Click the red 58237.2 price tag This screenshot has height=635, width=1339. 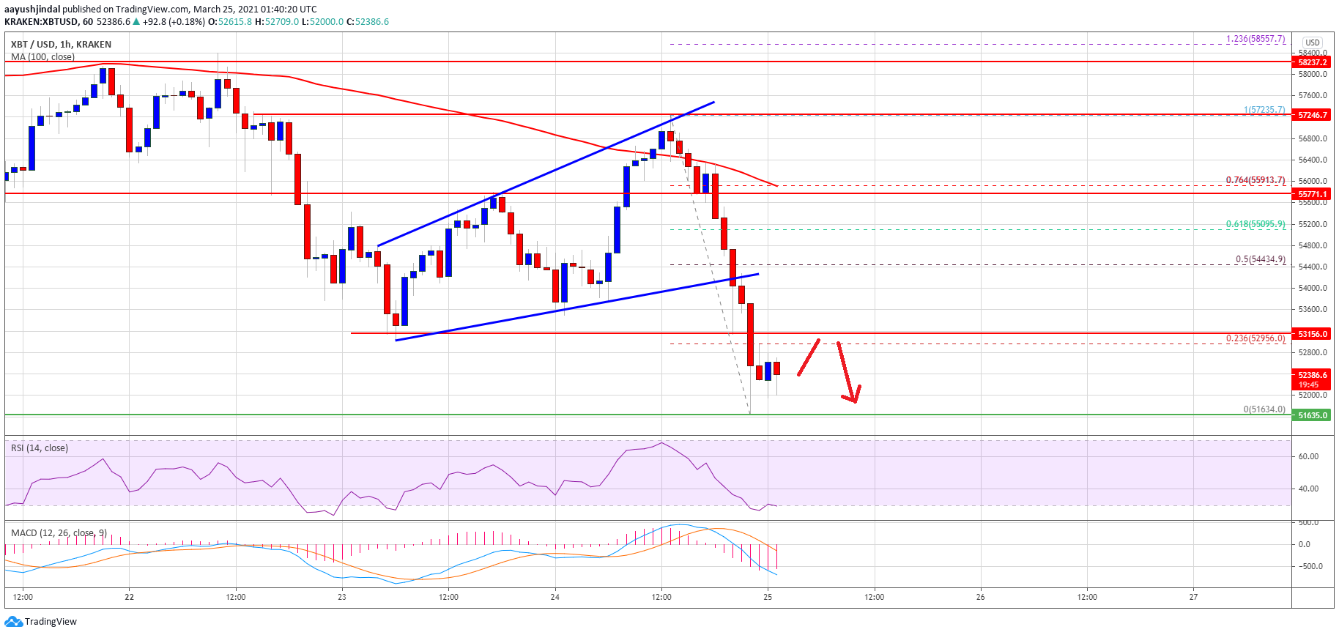click(1312, 62)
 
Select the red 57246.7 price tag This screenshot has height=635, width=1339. click(1312, 115)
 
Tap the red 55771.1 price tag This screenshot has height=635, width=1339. click(1312, 194)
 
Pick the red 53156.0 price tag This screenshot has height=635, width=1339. click(1312, 334)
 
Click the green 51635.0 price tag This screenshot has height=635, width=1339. click(1312, 415)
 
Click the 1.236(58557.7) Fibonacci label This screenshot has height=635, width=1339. click(1255, 40)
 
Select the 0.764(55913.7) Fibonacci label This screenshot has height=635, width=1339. click(1255, 180)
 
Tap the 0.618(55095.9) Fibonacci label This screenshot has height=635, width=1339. click(1255, 224)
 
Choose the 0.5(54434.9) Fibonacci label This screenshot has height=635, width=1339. click(1260, 259)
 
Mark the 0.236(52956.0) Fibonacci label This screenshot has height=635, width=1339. click(1255, 338)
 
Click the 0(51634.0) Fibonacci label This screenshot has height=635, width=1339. click(1264, 409)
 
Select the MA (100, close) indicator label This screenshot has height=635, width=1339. click(42, 57)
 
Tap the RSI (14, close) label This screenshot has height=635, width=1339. click(40, 448)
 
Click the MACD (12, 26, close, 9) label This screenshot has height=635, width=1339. click(59, 533)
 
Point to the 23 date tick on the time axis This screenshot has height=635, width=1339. click(342, 597)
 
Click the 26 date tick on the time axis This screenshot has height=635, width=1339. click(980, 597)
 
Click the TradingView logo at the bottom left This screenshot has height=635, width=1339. click(41, 622)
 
